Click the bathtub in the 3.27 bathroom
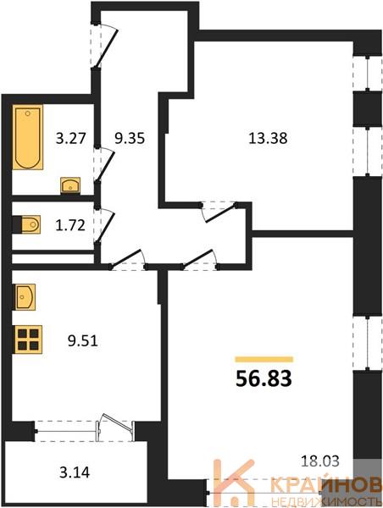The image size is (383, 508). coord(28,137)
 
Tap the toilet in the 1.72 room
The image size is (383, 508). coord(29,224)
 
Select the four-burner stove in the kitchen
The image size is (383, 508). coord(28,340)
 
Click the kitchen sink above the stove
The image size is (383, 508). coord(25,297)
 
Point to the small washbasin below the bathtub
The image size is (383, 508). coord(70,185)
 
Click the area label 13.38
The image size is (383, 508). coord(268,138)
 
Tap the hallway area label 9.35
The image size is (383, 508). coord(130,139)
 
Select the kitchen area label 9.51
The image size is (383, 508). coord(83,341)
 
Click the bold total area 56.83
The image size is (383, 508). coord(264,378)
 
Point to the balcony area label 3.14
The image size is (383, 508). coord(75,472)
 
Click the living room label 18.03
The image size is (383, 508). coord(319,461)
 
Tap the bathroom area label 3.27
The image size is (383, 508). coord(70,139)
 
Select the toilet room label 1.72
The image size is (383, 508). coord(70,225)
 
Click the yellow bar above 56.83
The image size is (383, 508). coord(264,359)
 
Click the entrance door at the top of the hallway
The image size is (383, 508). coord(104,46)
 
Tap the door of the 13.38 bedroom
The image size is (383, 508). coord(219,213)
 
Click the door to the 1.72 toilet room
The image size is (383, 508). coord(104,224)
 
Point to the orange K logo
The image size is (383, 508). coord(235,482)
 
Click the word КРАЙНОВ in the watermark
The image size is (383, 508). coord(326,486)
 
